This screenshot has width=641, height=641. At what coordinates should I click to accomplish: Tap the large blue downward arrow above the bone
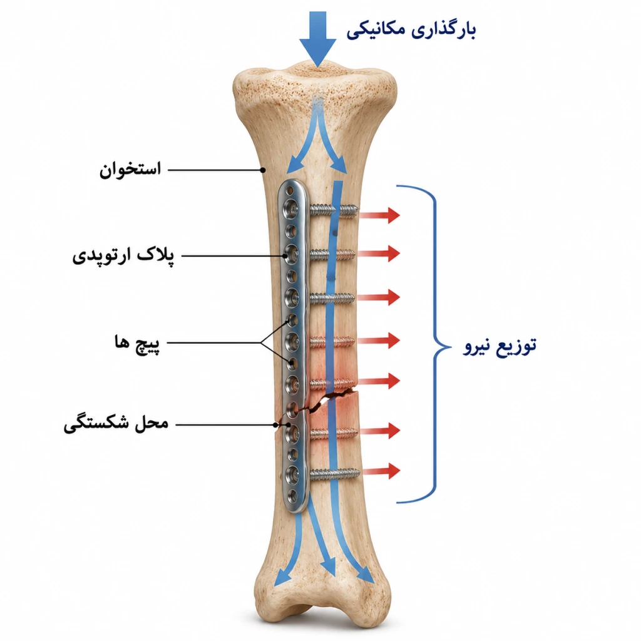click(317, 39)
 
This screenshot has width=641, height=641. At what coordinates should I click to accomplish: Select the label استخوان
click(130, 170)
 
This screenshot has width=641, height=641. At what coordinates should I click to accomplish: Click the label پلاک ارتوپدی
click(123, 256)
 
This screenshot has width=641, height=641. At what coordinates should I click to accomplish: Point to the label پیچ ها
click(137, 342)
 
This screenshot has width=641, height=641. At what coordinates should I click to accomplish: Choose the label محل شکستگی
click(116, 424)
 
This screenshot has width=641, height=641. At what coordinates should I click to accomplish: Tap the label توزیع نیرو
click(500, 346)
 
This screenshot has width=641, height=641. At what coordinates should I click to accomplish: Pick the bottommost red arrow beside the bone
click(381, 471)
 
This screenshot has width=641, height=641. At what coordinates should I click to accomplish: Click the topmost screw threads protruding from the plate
click(334, 211)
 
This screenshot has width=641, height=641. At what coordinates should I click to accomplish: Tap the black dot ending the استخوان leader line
click(264, 170)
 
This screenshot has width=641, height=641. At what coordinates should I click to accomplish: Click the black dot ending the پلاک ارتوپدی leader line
click(285, 256)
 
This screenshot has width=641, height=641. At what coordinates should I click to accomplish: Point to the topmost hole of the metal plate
click(290, 191)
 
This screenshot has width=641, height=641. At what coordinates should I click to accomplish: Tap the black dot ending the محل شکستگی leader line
click(276, 425)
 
